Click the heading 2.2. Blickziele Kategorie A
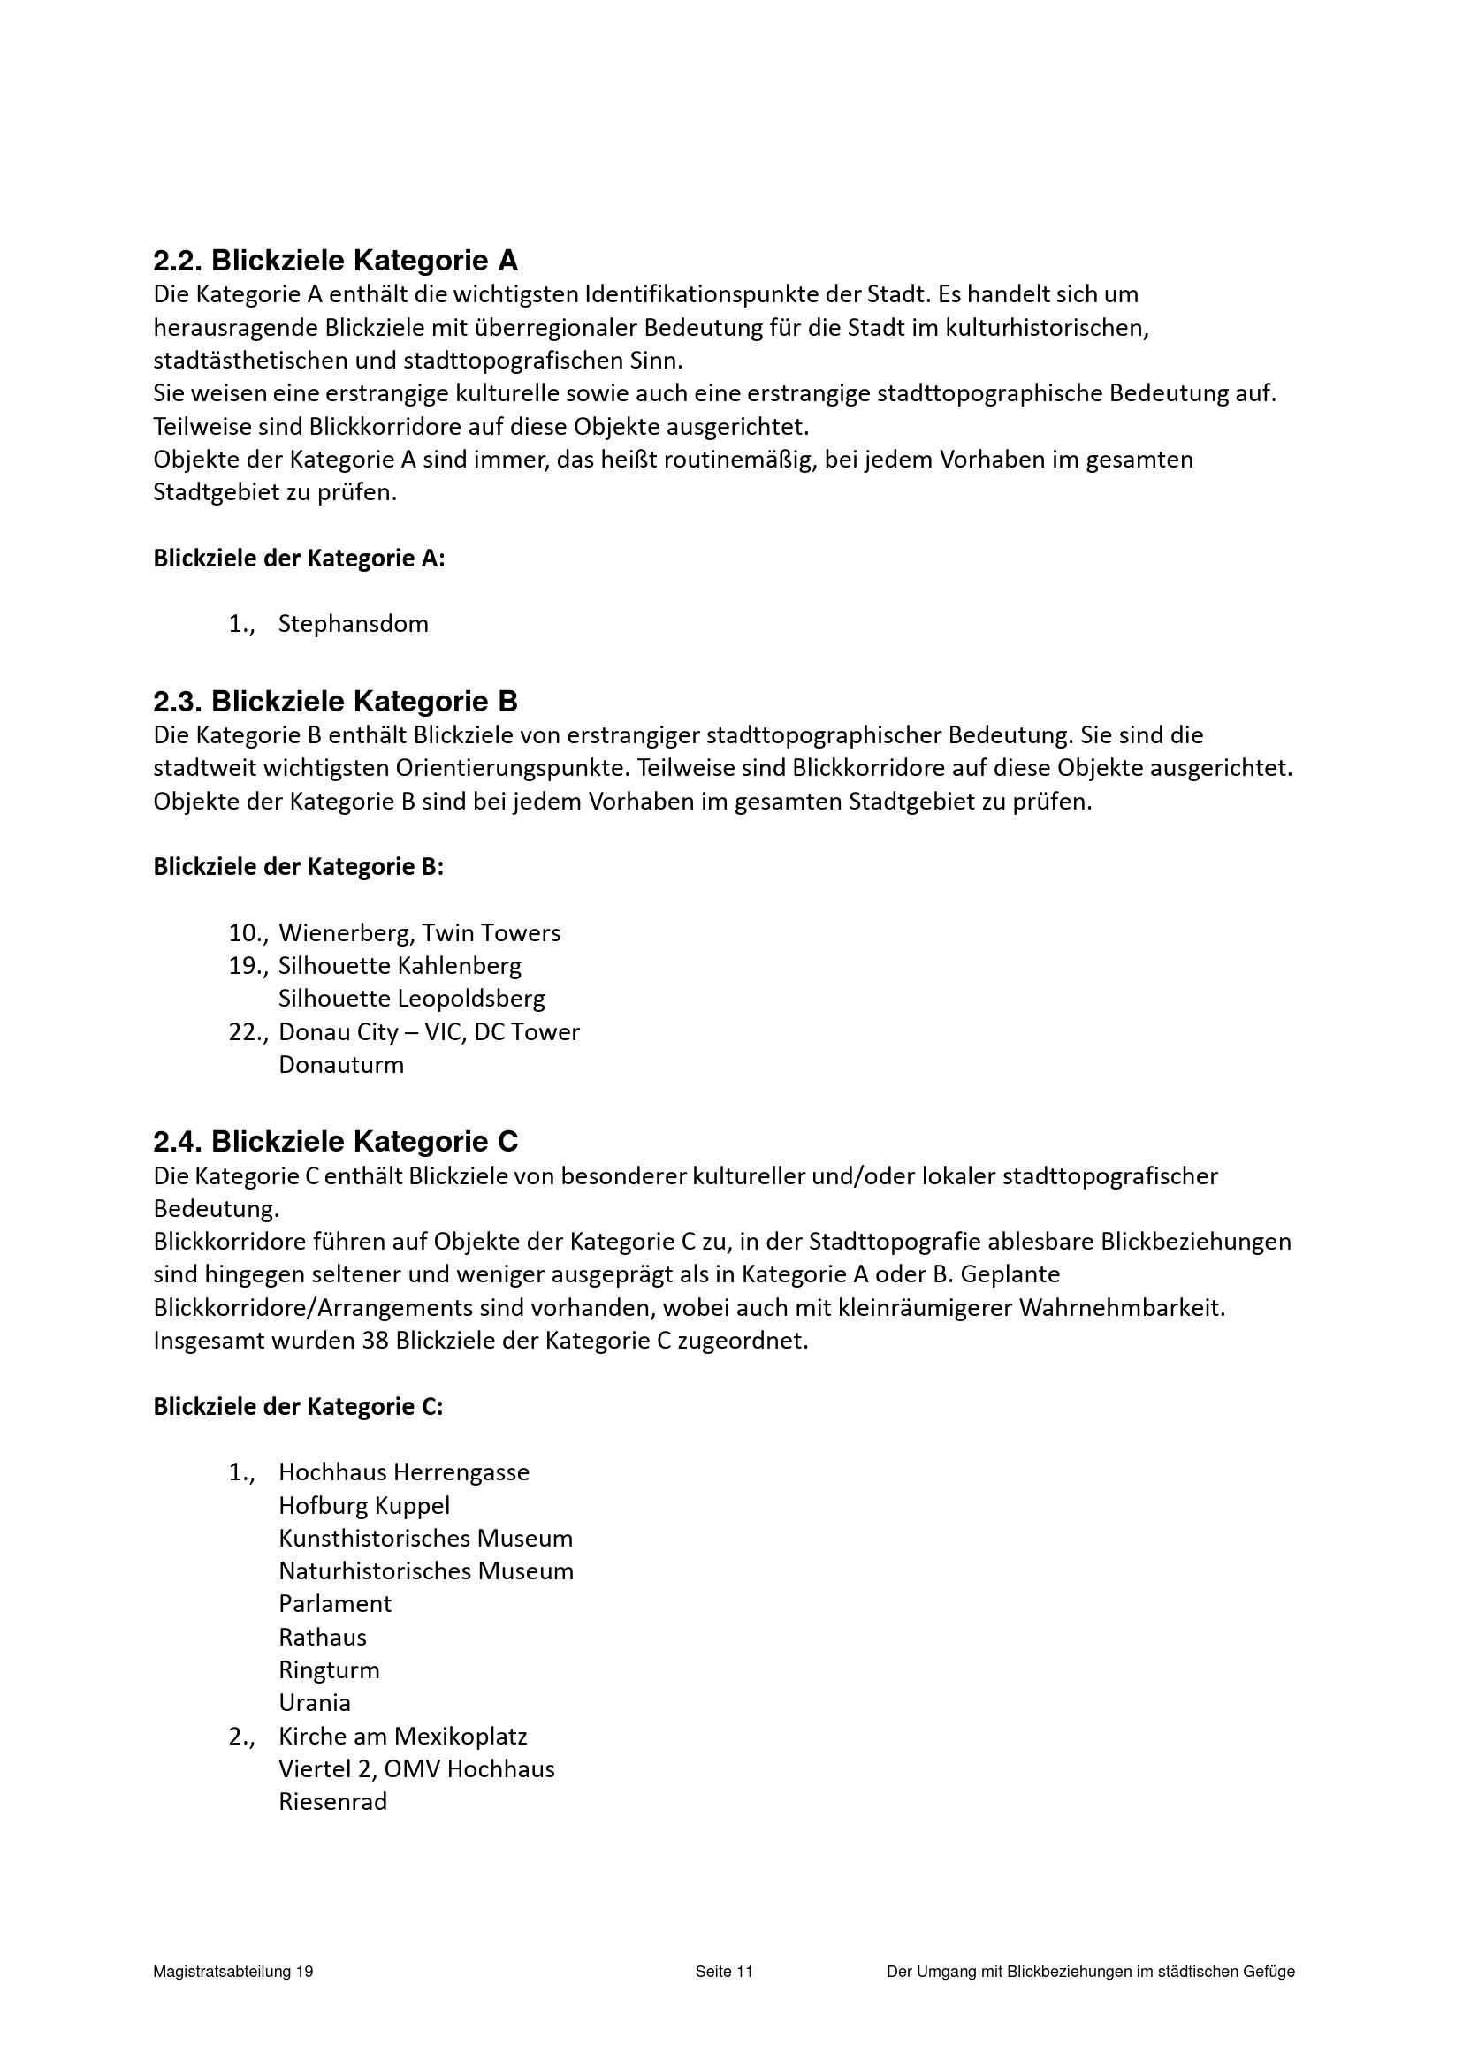335,262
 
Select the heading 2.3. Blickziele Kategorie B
335,702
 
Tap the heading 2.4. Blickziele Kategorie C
335,1142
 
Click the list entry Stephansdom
353,624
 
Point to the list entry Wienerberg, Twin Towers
419,933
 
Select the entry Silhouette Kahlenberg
400,967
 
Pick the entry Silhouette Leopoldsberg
412,999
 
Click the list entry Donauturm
341,1066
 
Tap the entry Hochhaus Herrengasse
404,1472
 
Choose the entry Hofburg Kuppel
364,1506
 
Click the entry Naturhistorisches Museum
426,1571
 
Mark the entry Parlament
335,1604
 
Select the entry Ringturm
329,1671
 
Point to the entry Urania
315,1703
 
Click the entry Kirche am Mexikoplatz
403,1737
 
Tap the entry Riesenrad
332,1802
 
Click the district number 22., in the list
248,1032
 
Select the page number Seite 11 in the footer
723,1972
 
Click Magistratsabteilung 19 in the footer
233,1972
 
